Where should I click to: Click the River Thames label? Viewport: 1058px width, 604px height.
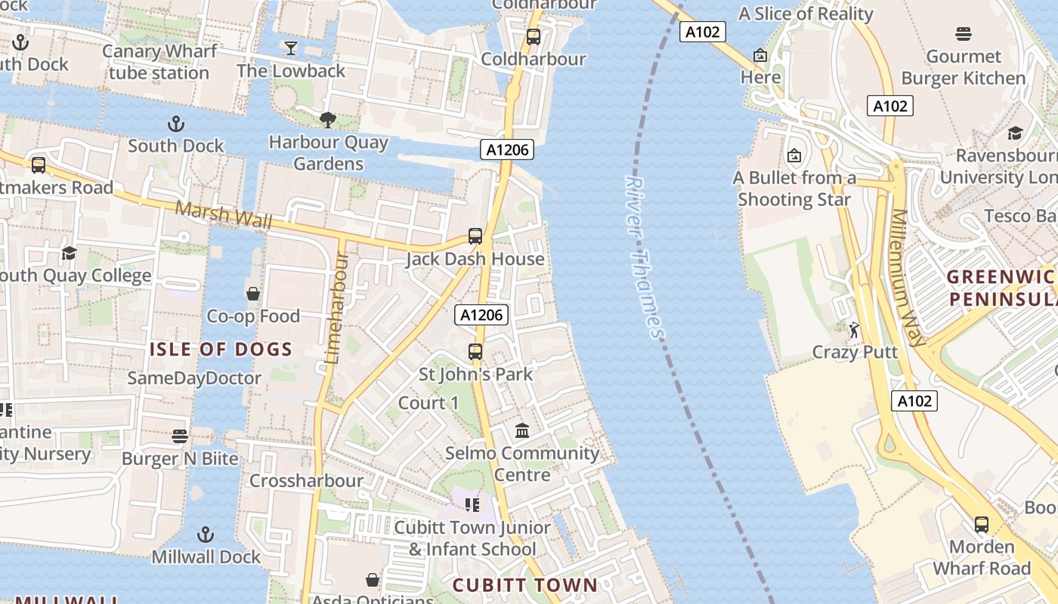click(645, 257)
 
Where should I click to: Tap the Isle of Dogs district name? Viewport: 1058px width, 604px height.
click(221, 349)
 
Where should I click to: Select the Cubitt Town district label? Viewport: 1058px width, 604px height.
click(524, 584)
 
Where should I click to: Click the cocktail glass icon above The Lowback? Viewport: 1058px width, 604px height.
click(290, 49)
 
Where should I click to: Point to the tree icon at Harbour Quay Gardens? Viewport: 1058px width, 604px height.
click(327, 119)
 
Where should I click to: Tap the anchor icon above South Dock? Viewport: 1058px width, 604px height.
click(175, 123)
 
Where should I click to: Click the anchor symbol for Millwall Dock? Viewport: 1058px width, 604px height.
click(205, 535)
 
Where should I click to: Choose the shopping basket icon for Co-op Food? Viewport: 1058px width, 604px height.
click(253, 294)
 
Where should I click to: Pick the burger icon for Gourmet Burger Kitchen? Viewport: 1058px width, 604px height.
click(963, 34)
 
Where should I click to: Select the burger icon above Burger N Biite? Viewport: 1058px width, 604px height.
click(179, 436)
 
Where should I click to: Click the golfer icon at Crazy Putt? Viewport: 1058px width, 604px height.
click(854, 330)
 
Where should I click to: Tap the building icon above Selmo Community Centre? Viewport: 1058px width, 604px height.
click(521, 430)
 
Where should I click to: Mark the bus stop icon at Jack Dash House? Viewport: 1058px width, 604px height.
click(475, 236)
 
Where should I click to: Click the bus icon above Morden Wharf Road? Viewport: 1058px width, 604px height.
click(981, 524)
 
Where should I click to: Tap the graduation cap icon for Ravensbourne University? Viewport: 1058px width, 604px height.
click(1015, 134)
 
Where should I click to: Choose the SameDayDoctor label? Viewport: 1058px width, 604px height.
click(194, 378)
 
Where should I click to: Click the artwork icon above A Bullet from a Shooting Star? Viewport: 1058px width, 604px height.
click(793, 156)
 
